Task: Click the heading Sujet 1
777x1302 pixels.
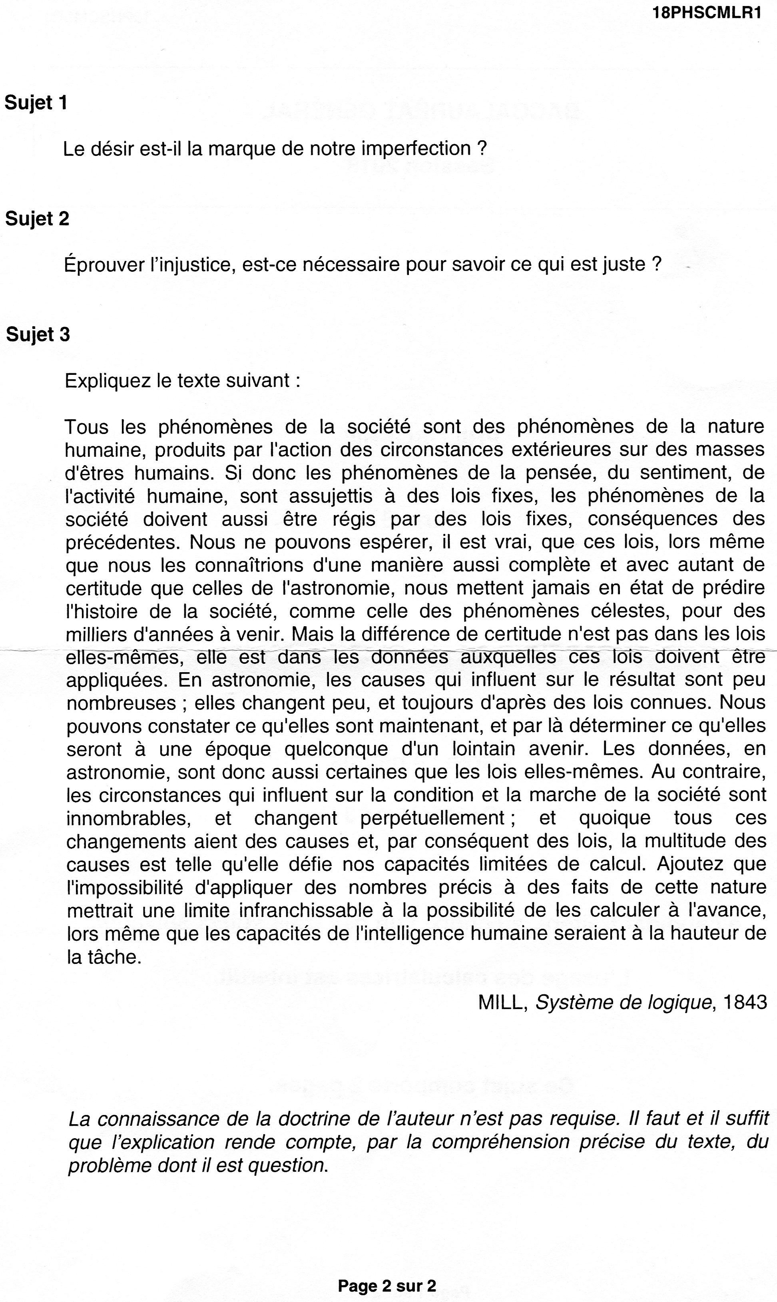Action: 36,103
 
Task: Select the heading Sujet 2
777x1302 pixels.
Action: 37,219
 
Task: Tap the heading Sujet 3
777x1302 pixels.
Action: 38,334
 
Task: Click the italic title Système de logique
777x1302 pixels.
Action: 624,1002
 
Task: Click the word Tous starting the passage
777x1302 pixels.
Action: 86,427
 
